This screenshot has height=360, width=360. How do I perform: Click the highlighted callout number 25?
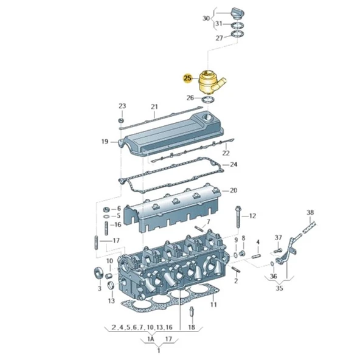(188, 78)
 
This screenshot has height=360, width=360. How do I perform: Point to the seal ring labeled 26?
(210, 99)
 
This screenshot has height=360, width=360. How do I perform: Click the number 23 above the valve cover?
(122, 106)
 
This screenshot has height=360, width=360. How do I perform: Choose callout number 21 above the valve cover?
(154, 106)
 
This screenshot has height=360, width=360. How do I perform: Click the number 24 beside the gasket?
(234, 164)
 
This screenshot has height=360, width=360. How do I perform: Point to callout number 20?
(234, 190)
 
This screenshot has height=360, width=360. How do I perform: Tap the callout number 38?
(310, 212)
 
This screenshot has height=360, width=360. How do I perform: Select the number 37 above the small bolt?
(278, 237)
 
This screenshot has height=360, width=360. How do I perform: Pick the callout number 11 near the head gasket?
(213, 304)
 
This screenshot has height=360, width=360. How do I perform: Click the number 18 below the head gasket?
(192, 327)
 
